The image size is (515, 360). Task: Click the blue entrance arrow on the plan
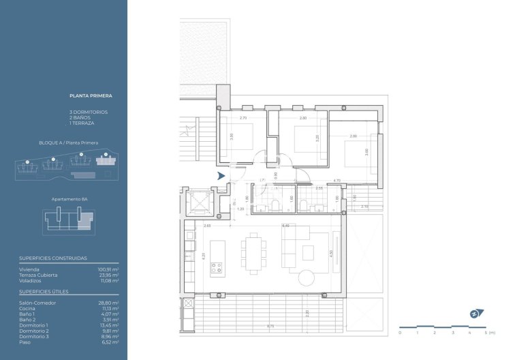[x=221, y=176]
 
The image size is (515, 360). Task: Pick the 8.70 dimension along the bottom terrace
[x=270, y=326]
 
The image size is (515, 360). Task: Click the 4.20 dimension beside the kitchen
[x=204, y=259]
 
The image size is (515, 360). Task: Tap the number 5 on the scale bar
[x=486, y=332]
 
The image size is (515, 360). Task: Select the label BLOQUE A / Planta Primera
[x=68, y=143]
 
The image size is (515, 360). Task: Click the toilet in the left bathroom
[x=274, y=206]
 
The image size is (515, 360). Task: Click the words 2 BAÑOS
[x=82, y=117]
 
